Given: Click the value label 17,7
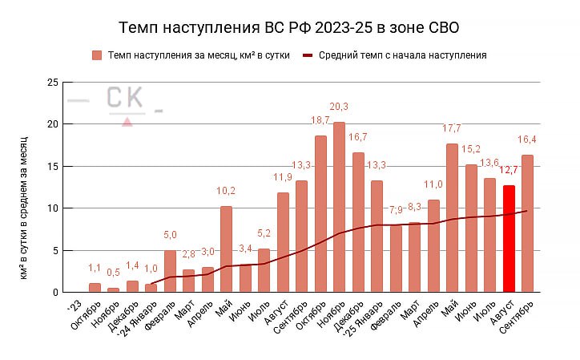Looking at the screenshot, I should tap(453, 128).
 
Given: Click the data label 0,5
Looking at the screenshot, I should tap(114, 272).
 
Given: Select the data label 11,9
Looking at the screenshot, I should tap(283, 176).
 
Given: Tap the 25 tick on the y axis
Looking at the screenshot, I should tap(53, 83).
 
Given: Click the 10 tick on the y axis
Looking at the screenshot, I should tap(53, 208).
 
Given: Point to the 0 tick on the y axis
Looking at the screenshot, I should tap(55, 293).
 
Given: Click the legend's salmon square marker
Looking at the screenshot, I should tap(97, 55).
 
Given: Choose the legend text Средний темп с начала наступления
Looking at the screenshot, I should tap(402, 55).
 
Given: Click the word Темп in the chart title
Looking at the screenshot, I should tap(137, 28).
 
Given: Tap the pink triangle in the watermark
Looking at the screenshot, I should tap(127, 121).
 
